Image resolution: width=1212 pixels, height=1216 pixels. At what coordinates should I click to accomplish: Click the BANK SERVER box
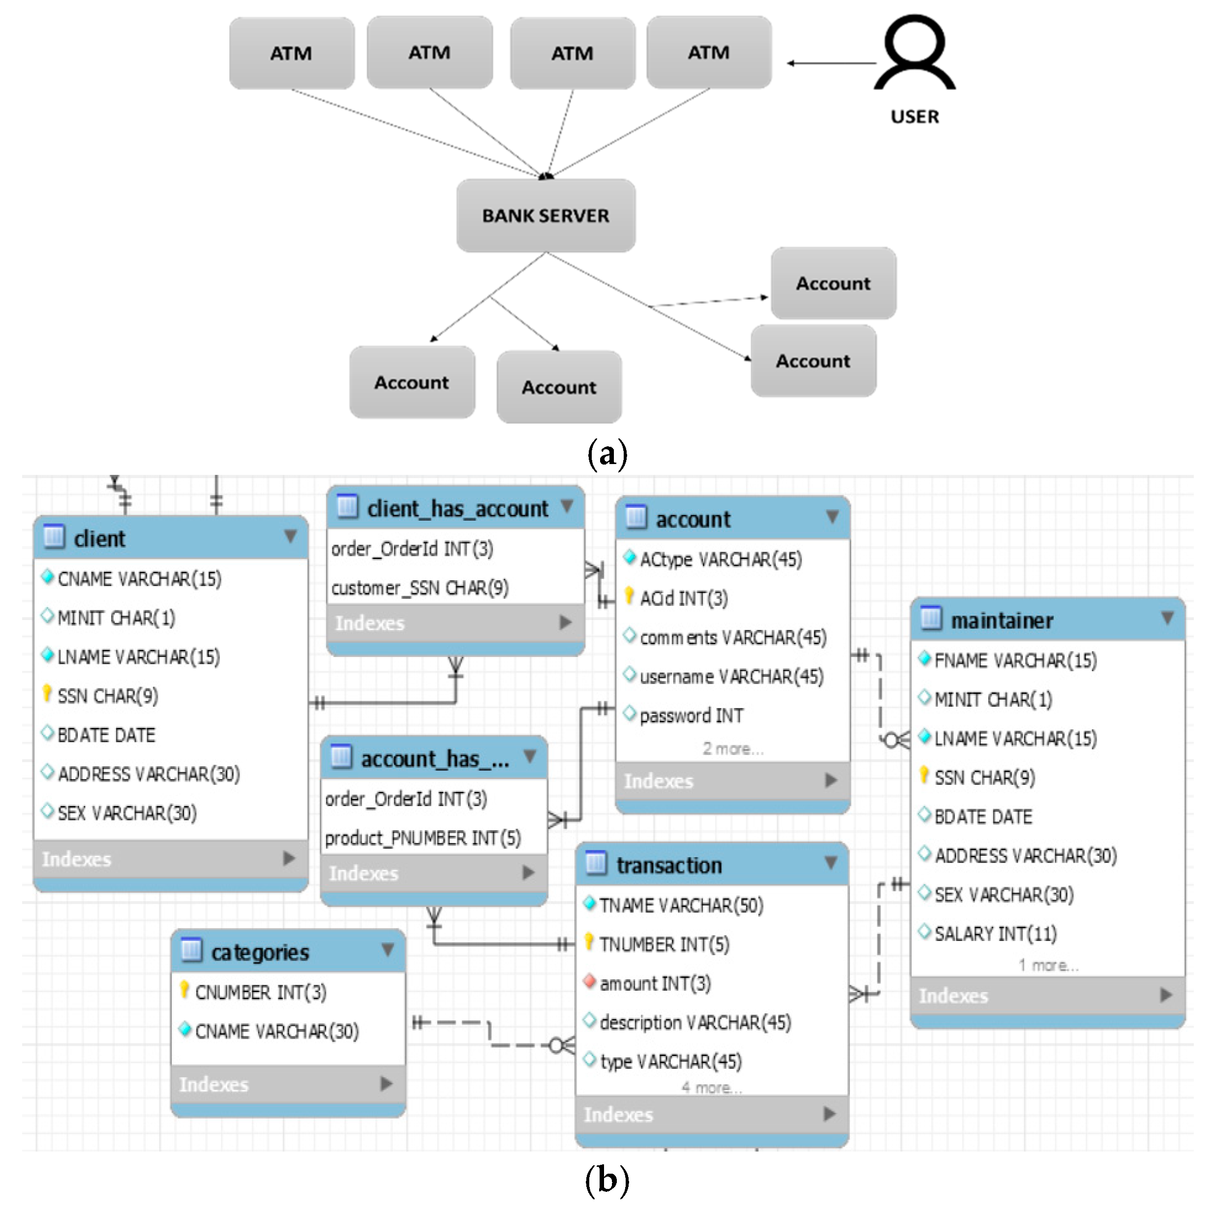tap(545, 215)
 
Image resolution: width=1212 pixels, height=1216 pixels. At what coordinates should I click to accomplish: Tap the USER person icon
tap(914, 54)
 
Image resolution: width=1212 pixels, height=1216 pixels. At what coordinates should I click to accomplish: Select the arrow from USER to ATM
tap(831, 63)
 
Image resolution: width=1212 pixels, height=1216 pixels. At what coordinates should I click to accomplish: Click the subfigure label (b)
tap(606, 1180)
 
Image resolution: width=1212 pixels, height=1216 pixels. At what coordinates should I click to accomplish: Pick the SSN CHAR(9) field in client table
tap(107, 696)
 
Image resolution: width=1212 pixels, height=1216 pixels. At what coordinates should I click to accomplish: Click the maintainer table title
tap(1001, 621)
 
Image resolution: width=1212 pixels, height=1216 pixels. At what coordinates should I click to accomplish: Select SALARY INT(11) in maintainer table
tap(995, 934)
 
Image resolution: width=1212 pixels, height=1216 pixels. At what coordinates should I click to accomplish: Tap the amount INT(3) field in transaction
tap(655, 983)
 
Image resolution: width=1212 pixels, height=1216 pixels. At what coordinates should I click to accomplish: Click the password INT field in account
tap(691, 716)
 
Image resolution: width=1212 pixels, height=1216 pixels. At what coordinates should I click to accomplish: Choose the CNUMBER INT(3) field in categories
tap(260, 993)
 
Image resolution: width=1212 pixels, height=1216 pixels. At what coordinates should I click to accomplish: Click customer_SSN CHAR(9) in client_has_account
tap(420, 588)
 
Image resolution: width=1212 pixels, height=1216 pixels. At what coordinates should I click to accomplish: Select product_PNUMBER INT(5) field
tap(423, 838)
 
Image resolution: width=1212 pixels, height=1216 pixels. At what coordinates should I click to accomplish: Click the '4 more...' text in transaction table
tap(711, 1088)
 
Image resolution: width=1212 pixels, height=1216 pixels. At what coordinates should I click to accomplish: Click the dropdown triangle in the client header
tap(290, 536)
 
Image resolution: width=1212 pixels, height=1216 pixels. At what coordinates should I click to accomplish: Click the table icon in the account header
tap(636, 517)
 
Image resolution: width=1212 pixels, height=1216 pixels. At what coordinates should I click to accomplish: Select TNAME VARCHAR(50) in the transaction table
tap(681, 905)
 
